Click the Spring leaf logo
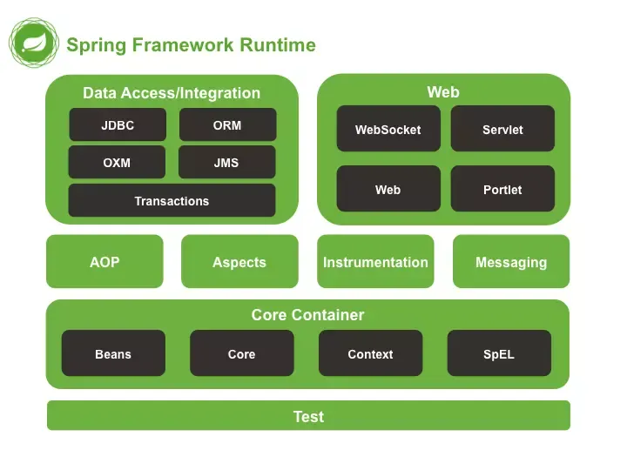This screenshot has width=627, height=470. [x=34, y=44]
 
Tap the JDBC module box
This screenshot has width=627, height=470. [x=118, y=125]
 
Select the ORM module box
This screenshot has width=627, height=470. [x=227, y=125]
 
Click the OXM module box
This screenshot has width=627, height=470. [x=117, y=163]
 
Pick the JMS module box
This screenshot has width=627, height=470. [x=226, y=163]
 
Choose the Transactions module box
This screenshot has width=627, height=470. [x=172, y=201]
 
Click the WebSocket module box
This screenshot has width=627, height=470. [x=388, y=130]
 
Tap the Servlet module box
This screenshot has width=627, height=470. [x=502, y=130]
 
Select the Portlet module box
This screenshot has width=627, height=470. [x=502, y=190]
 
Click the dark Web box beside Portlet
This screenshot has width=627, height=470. [x=388, y=190]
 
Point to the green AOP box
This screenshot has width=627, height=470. [x=104, y=262]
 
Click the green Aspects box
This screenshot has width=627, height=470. [x=239, y=262]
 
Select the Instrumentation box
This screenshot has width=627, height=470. [x=375, y=262]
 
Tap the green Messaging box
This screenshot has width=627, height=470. [x=511, y=262]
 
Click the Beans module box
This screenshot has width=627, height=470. [x=113, y=354]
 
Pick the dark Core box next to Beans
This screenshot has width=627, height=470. [x=241, y=354]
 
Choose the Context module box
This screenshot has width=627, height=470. [x=370, y=354]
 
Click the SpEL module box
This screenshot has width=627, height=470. [x=499, y=354]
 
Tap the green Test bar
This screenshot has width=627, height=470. [x=308, y=416]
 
